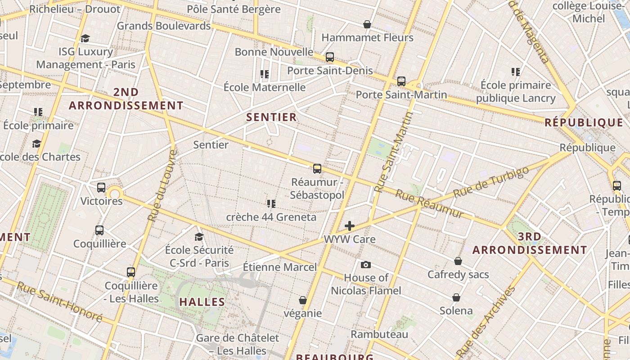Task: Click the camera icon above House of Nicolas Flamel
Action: tap(366, 265)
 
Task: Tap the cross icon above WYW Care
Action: tap(350, 226)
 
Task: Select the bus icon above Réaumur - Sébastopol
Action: tap(317, 169)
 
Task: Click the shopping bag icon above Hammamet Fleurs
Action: tap(367, 24)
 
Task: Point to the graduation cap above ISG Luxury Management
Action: tap(85, 38)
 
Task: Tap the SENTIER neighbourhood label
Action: tap(272, 117)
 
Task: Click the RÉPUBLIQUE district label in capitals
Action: tap(584, 122)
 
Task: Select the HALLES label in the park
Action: tap(202, 302)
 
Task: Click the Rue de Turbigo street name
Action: tap(491, 182)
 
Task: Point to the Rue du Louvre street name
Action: tap(161, 185)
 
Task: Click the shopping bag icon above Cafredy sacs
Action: tap(458, 261)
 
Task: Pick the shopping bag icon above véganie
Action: tap(303, 300)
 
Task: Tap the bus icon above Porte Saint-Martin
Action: tap(401, 81)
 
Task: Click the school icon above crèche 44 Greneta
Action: tap(271, 204)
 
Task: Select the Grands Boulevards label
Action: tap(164, 26)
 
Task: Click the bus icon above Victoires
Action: tap(101, 188)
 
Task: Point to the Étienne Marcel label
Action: tap(280, 267)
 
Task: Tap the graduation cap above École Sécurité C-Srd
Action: tap(199, 237)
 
